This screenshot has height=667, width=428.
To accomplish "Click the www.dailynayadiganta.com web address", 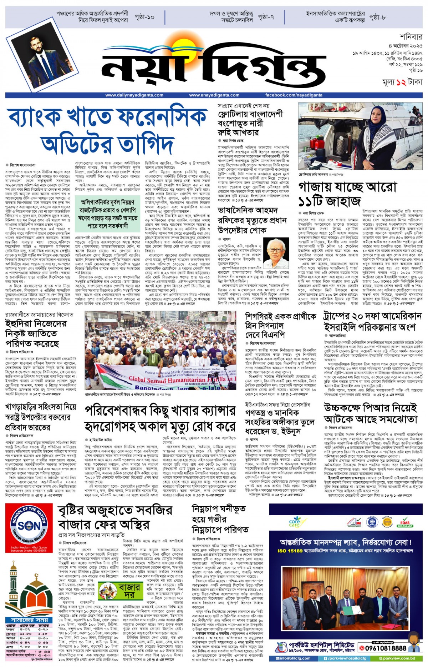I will pyautogui.click(x=134, y=95).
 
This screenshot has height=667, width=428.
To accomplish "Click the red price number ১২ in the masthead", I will pyautogui.click(x=401, y=82).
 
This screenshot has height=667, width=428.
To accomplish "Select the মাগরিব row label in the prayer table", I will pyautogui.click(x=12, y=642).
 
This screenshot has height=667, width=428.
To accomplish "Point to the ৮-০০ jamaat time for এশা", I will pyautogui.click(x=43, y=647).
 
